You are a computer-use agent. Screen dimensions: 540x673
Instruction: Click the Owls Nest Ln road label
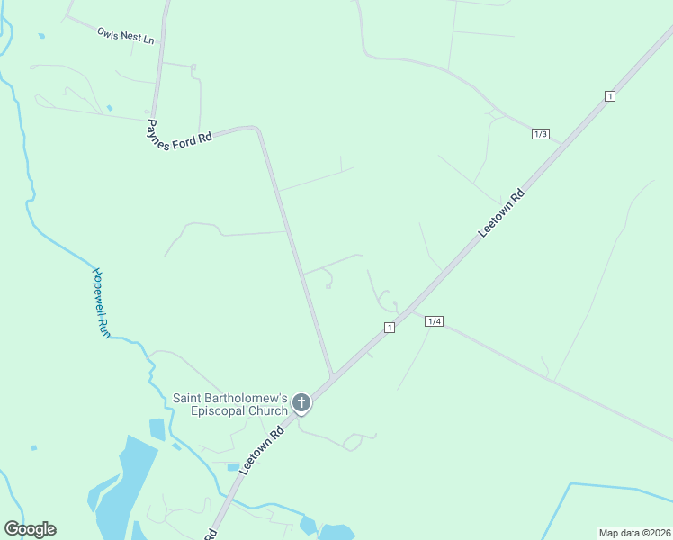126,36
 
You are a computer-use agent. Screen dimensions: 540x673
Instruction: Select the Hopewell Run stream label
102,302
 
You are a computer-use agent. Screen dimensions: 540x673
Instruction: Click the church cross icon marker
302,402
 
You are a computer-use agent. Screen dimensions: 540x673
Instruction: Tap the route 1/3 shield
541,134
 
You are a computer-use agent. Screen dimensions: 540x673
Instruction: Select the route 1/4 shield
435,321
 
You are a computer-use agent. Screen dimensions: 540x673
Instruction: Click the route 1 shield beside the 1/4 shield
389,328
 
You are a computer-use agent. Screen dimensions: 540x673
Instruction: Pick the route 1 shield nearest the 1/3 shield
610,96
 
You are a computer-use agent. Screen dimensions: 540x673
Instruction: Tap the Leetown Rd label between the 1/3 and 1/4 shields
501,214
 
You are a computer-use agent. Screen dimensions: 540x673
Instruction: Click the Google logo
30,529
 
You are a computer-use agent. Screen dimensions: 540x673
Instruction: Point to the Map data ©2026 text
634,533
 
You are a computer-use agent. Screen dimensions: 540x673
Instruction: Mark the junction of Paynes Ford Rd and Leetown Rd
332,375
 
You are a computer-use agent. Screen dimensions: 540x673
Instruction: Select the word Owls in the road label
108,32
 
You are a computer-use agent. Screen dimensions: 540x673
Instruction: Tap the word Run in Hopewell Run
105,328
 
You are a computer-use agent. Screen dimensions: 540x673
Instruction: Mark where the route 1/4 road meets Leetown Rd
416,311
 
